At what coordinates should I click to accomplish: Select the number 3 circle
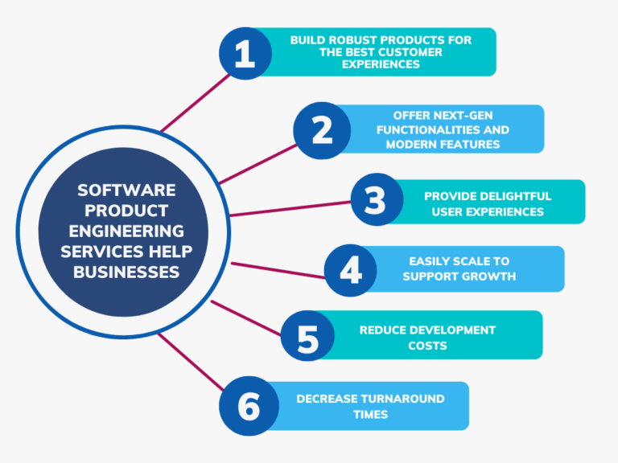[x=376, y=200]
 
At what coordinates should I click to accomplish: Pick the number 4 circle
[x=351, y=270]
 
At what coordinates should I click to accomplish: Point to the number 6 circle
[x=249, y=406]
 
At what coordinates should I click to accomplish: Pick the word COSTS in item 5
[x=427, y=346]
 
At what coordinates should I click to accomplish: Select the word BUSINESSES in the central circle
[x=126, y=272]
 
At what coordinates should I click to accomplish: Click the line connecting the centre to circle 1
[x=191, y=102]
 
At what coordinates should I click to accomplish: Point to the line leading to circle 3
[x=290, y=208]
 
